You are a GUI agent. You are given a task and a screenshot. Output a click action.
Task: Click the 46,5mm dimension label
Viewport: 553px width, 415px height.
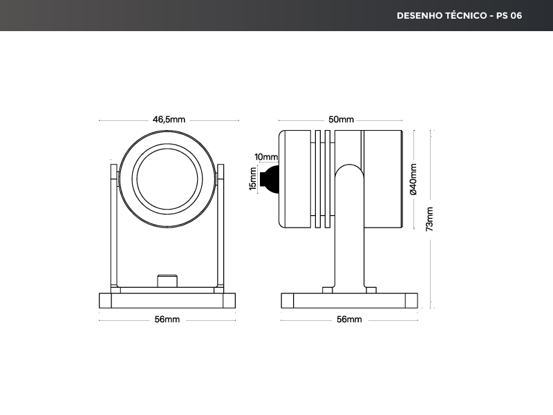[169, 120]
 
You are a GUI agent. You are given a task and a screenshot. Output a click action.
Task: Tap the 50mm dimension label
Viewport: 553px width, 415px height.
[341, 120]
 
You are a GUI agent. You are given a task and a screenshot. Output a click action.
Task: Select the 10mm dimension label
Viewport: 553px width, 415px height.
[266, 157]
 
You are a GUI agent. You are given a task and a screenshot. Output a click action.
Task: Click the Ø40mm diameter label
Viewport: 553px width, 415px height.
[413, 179]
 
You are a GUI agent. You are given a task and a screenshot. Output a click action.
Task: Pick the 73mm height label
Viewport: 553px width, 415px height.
[430, 219]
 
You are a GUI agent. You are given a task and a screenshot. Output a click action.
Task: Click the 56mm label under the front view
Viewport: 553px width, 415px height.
[167, 320]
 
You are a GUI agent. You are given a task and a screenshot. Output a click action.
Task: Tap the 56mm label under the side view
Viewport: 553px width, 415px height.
[349, 320]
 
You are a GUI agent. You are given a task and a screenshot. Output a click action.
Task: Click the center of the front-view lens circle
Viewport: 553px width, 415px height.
[168, 178]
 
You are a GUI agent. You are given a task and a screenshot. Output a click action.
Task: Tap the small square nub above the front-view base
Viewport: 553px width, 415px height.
[167, 282]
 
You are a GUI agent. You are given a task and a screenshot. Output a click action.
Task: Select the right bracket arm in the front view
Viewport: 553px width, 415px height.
[221, 228]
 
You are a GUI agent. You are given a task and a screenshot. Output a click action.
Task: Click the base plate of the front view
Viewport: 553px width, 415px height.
[167, 301]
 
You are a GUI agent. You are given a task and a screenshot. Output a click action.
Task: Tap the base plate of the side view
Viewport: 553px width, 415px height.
[350, 301]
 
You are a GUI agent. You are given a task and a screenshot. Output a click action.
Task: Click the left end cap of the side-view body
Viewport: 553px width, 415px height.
[294, 178]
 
